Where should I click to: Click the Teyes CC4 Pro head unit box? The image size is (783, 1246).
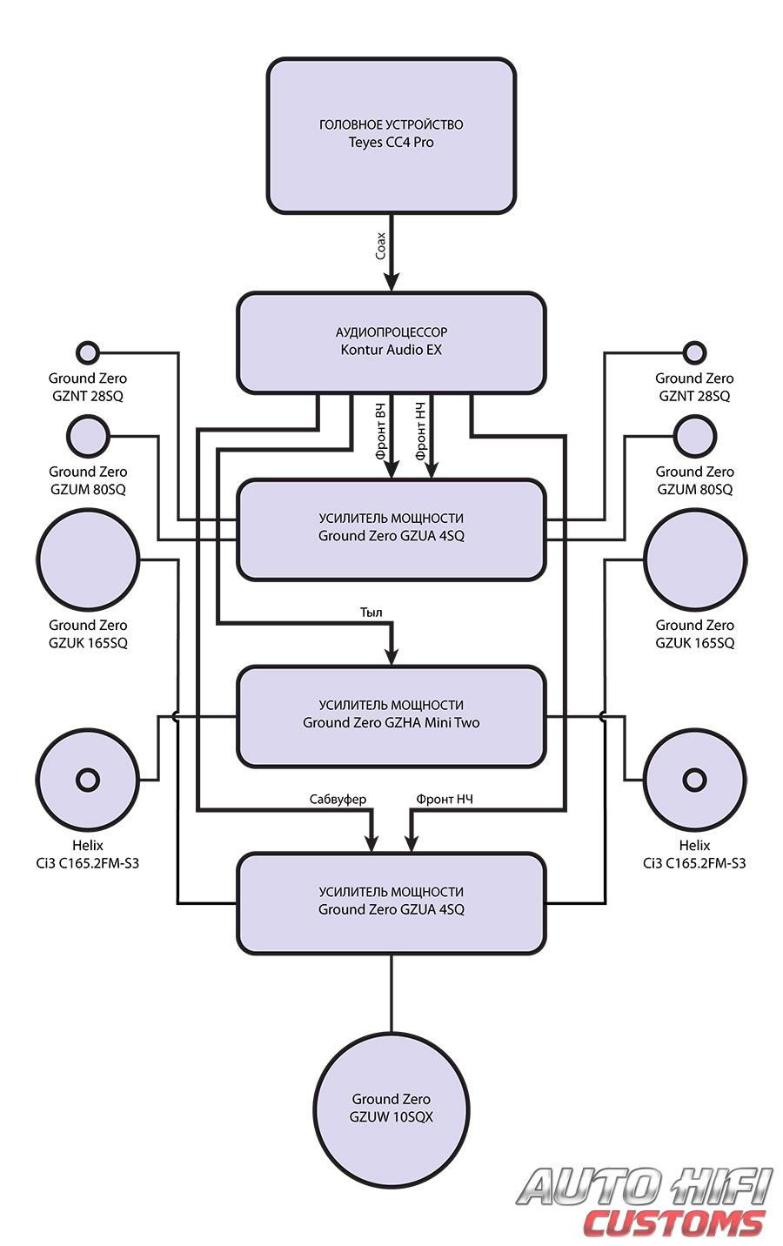tap(391, 135)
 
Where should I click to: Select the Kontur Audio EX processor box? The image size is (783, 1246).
tap(391, 342)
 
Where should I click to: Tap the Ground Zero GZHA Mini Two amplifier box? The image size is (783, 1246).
tap(391, 715)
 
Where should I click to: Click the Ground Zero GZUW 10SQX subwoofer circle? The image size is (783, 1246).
tap(391, 1109)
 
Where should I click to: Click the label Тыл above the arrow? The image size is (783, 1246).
tap(371, 612)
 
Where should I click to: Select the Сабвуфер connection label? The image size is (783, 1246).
tap(338, 799)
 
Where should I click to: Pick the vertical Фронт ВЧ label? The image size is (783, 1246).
tap(380, 431)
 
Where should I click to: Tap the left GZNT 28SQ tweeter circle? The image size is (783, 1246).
tap(88, 352)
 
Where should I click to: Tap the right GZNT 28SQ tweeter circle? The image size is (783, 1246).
tap(693, 352)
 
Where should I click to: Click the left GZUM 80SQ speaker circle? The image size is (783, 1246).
tap(88, 436)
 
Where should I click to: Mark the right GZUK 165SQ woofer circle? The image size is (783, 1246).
tap(695, 559)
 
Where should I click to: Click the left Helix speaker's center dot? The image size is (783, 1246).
tap(88, 779)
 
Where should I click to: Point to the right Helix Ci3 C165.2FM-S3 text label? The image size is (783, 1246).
tap(694, 854)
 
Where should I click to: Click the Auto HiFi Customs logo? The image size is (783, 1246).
tap(644, 1203)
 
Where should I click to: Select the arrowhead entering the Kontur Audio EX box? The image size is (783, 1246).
tap(391, 282)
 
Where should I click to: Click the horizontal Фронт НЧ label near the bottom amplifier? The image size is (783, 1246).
tap(445, 799)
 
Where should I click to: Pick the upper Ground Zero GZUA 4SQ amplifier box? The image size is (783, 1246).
tap(391, 528)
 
